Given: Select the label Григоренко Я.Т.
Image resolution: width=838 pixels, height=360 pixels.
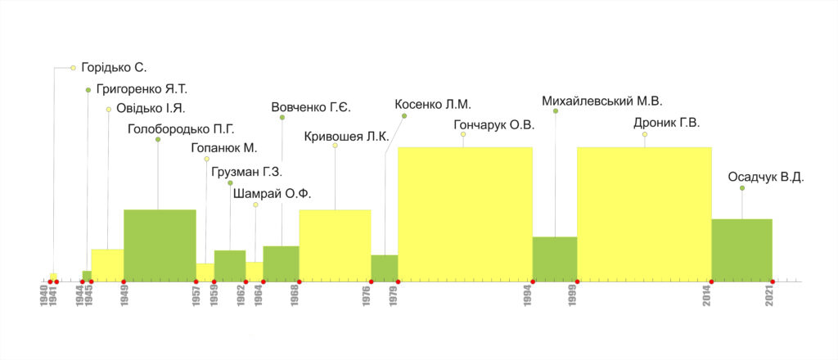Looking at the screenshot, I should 142,89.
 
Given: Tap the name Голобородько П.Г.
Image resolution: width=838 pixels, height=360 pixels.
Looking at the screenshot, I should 181,128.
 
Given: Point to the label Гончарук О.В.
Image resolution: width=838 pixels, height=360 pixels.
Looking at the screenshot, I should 493,125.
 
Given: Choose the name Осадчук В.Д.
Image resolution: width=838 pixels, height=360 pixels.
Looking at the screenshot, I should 766,177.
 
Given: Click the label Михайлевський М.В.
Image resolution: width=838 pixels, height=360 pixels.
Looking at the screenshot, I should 601,101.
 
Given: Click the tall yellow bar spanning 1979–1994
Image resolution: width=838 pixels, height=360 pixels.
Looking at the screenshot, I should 465,214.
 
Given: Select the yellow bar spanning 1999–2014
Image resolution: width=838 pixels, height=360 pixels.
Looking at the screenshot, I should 644,214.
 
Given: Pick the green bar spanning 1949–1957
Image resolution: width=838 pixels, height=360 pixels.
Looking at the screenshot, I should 160,245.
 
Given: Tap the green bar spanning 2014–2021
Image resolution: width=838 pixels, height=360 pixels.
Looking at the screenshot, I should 741,250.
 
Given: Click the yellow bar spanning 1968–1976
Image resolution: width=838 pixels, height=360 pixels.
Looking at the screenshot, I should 335,245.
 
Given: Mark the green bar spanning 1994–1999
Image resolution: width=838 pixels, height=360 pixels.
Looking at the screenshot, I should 555,259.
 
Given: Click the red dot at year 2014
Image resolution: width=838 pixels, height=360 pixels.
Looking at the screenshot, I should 711,282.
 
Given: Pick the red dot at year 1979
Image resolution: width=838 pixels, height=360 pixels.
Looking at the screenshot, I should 398,282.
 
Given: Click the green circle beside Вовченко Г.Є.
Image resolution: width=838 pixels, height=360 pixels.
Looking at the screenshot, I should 282,118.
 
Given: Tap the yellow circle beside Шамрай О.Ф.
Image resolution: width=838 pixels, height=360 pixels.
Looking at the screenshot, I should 255,205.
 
